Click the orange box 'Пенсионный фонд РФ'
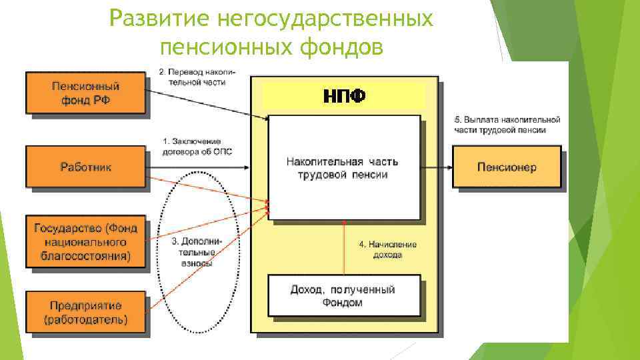pyautogui.click(x=85, y=93)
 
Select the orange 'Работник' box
pyautogui.click(x=85, y=167)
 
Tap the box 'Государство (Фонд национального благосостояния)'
pyautogui.click(x=85, y=241)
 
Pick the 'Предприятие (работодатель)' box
pyautogui.click(x=85, y=313)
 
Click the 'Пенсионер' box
pyautogui.click(x=506, y=167)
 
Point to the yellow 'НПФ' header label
pyautogui.click(x=344, y=96)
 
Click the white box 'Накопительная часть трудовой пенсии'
pyautogui.click(x=345, y=167)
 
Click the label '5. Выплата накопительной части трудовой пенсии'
pyautogui.click(x=507, y=125)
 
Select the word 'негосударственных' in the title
pyautogui.click(x=325, y=19)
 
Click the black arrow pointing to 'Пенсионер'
pyautogui.click(x=437, y=167)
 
